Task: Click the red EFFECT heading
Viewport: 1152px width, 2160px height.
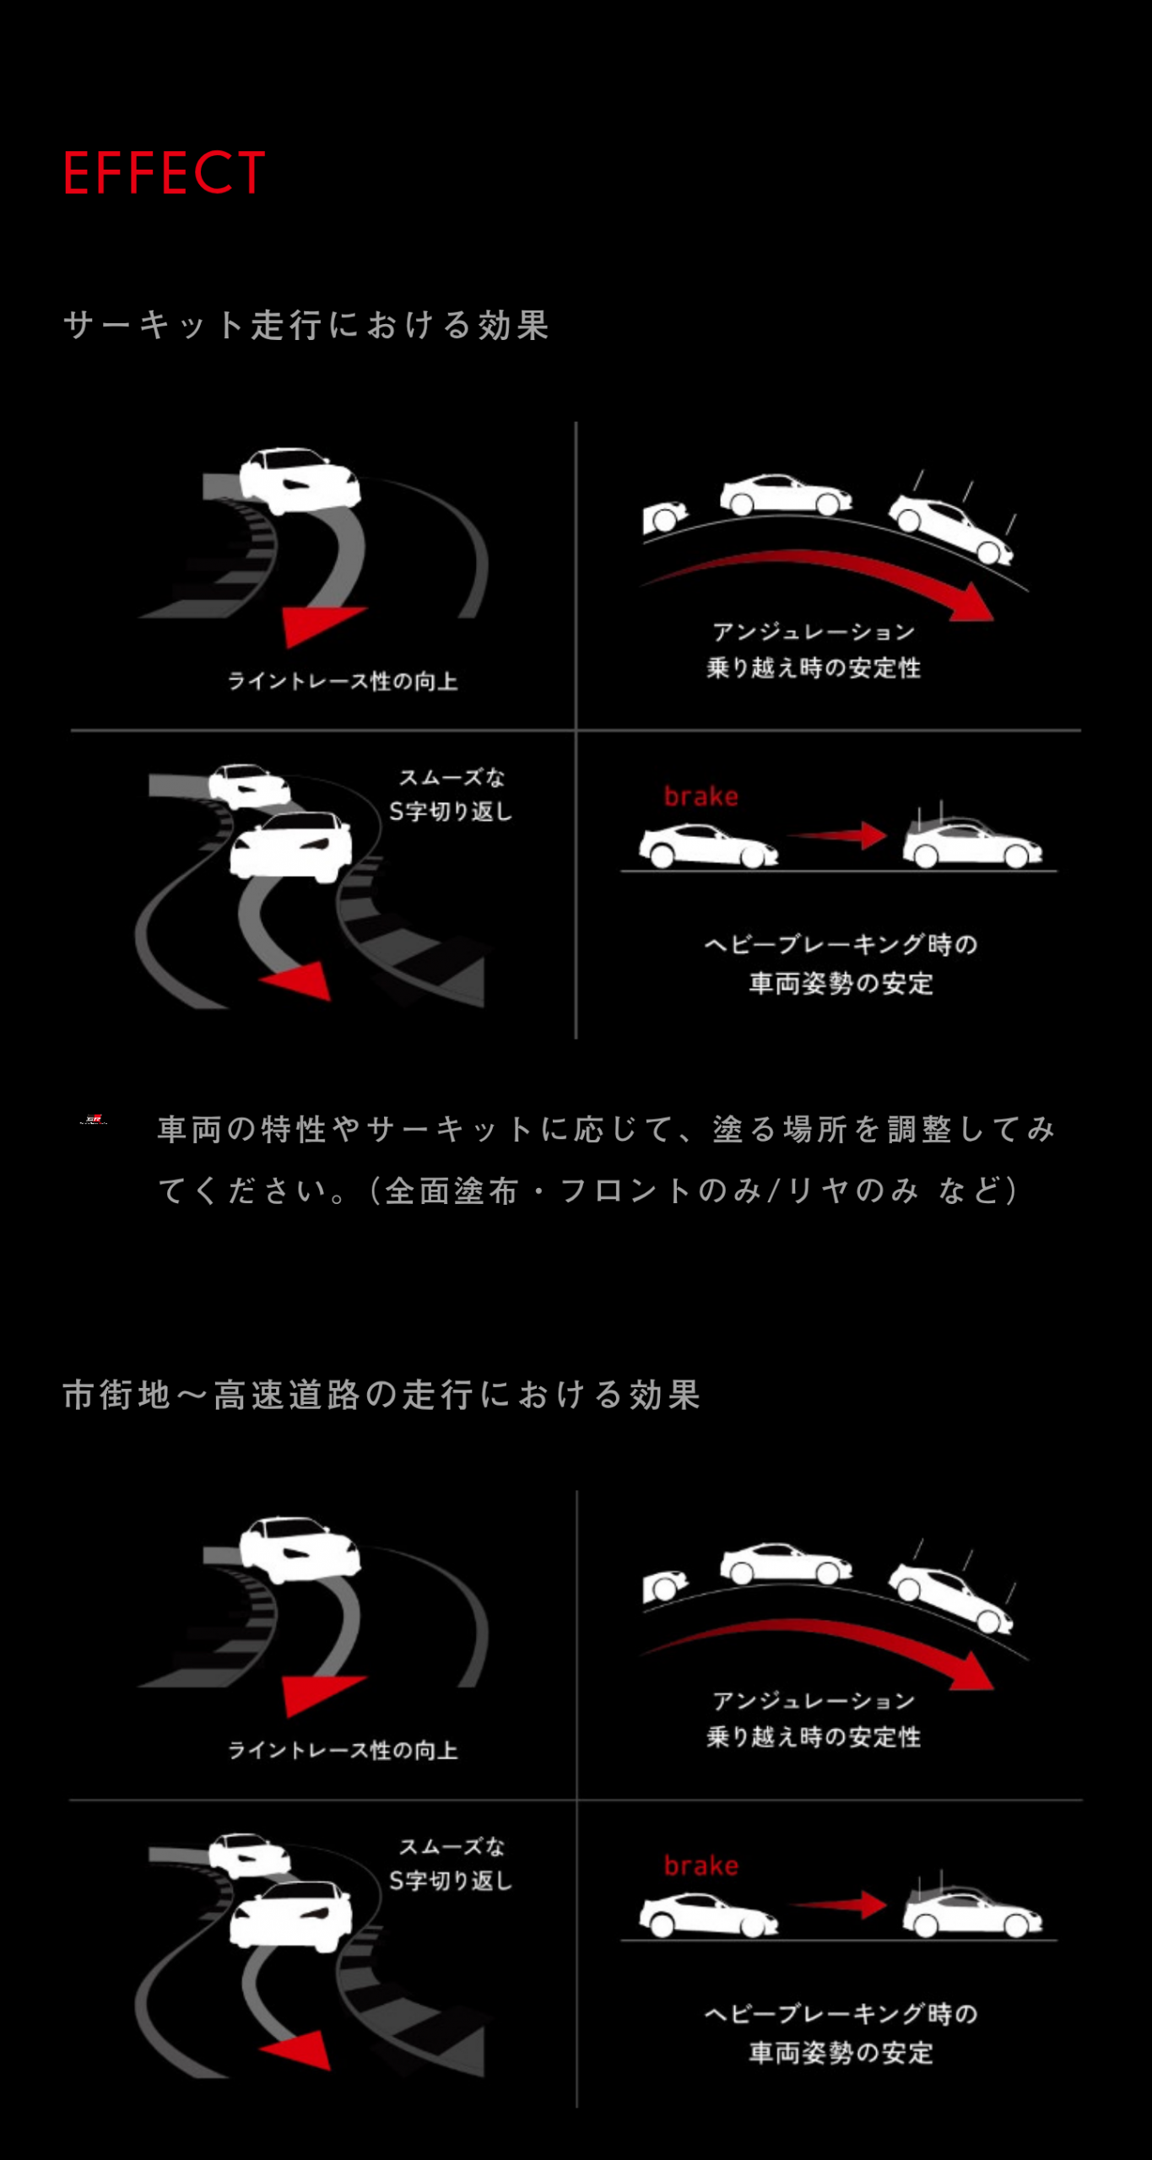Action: coord(165,173)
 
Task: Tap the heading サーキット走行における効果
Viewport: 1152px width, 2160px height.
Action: coord(306,325)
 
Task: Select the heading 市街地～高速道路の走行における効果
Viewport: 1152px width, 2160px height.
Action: coord(381,1395)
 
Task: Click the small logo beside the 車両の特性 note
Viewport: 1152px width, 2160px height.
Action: coord(93,1120)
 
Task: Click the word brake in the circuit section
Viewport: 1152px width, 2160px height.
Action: coord(700,796)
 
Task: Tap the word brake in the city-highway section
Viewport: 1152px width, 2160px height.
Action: coord(700,1865)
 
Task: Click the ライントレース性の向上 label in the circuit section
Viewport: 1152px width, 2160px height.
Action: coord(343,681)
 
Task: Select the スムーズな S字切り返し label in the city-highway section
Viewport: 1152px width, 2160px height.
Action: coord(451,1863)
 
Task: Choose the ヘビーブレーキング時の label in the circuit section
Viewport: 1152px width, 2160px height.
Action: coord(841,944)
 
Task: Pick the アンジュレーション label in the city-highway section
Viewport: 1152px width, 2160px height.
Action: coord(814,1700)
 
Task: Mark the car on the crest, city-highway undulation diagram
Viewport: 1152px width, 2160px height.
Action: coord(786,1563)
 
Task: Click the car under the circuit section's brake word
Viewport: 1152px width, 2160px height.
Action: coord(708,846)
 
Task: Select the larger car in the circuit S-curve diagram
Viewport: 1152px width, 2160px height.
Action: coord(291,845)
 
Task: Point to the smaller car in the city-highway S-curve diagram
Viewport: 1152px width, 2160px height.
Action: coord(250,1855)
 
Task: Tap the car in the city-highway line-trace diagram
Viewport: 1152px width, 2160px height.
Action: coord(300,1551)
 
